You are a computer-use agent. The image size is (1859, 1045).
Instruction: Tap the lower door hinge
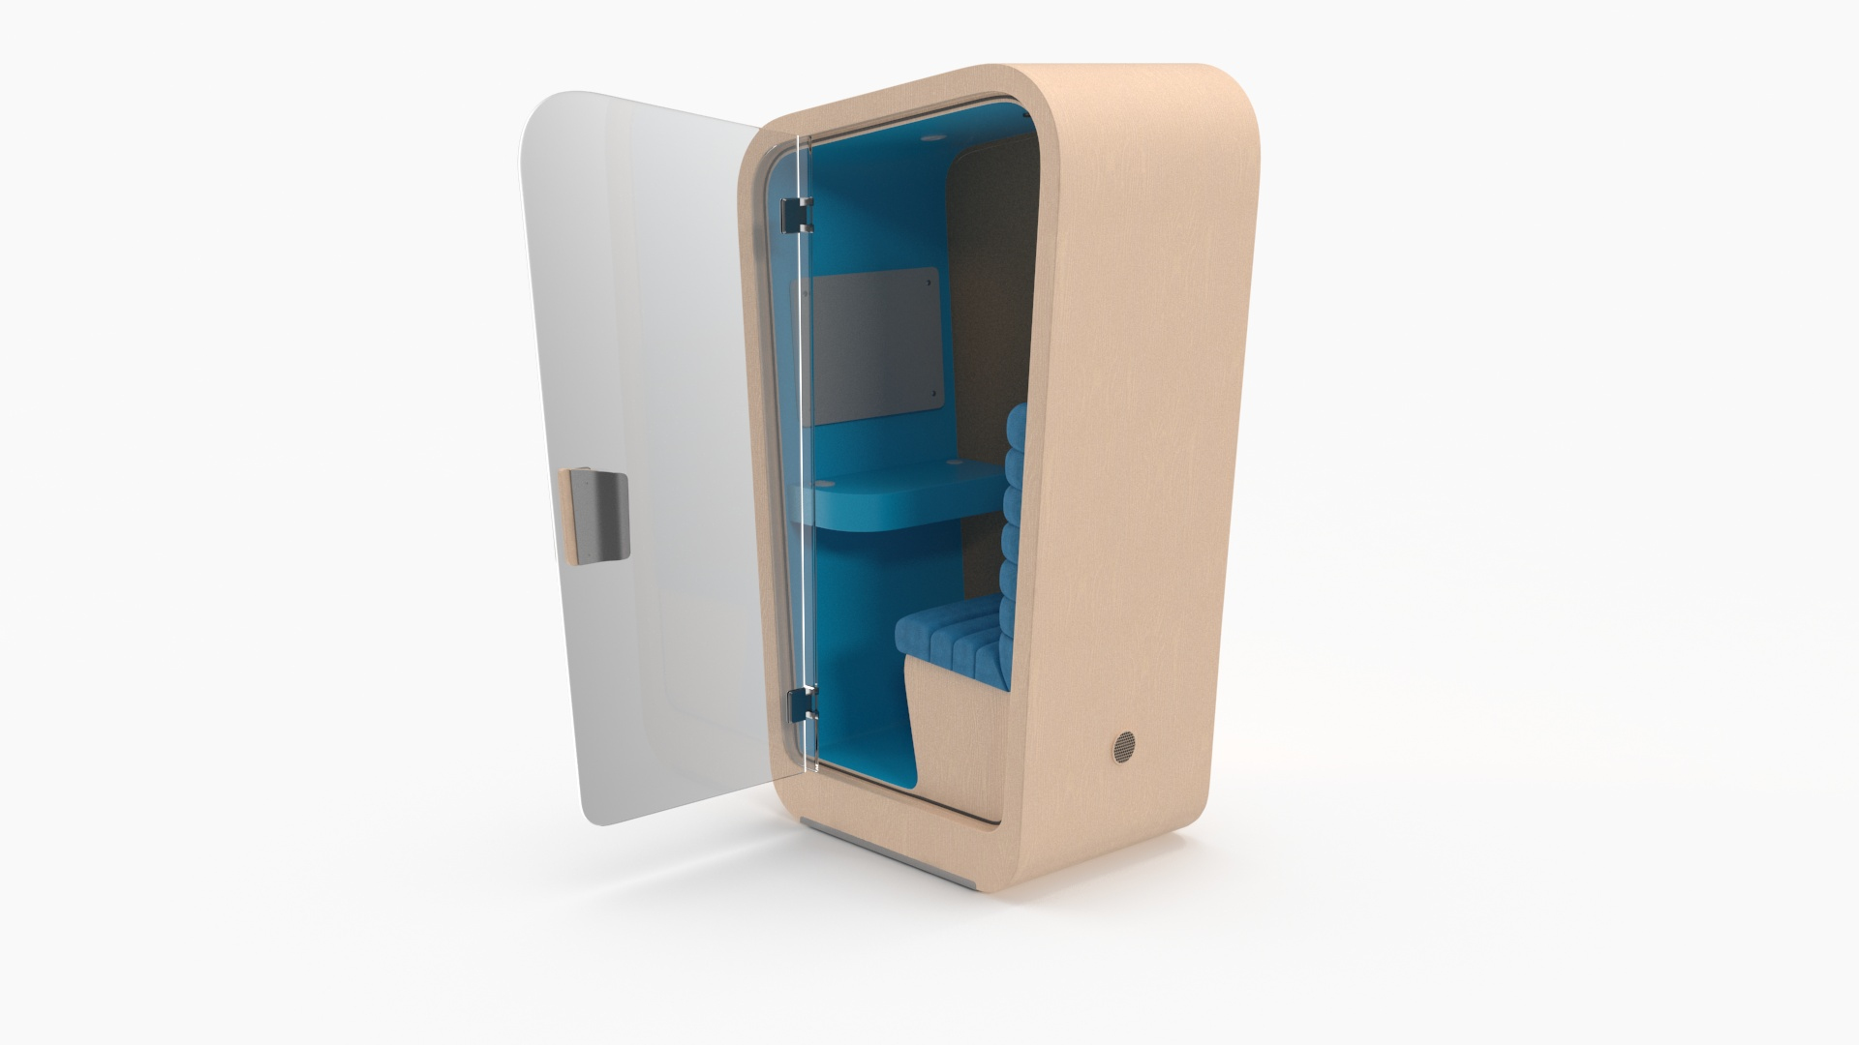pos(801,703)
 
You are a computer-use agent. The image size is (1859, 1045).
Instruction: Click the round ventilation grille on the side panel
pos(1121,745)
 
